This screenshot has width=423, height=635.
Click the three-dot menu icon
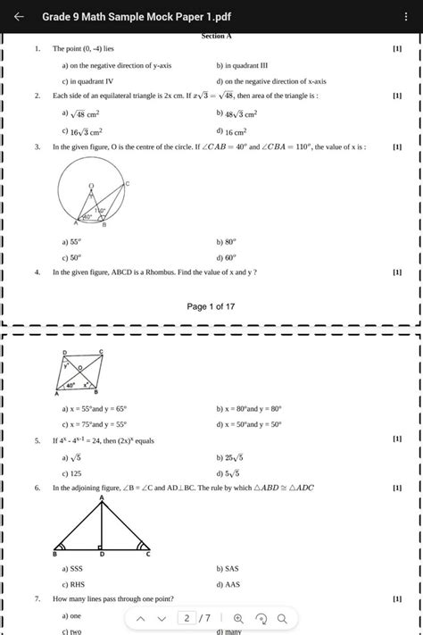tap(407, 17)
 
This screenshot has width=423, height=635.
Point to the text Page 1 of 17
tap(211, 306)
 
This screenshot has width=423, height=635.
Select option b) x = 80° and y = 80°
tap(260, 410)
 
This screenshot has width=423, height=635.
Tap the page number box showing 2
tap(187, 618)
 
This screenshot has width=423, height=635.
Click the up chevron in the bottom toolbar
tap(137, 618)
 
